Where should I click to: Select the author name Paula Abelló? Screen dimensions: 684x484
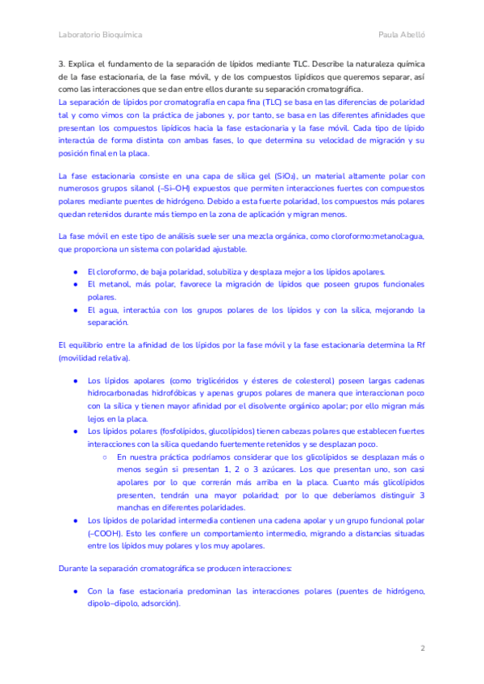point(402,35)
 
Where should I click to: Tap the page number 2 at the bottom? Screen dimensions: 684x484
point(422,648)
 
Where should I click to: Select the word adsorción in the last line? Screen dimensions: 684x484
point(160,604)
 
